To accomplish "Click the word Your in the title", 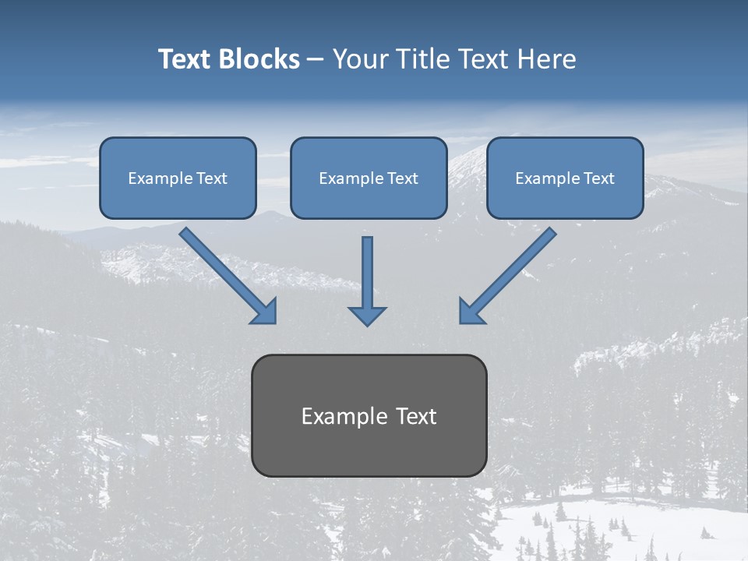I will (x=359, y=59).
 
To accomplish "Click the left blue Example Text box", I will (x=178, y=178).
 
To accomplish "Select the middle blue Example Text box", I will (x=369, y=178).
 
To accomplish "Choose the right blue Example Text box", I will (x=565, y=178).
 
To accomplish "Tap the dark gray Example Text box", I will (x=369, y=415).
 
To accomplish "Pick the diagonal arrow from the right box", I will (x=511, y=272).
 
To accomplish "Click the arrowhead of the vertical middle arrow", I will (x=367, y=316).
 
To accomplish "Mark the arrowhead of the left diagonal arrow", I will (x=265, y=311).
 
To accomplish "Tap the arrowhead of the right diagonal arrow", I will (x=471, y=311).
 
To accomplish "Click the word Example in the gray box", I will (x=340, y=416).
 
